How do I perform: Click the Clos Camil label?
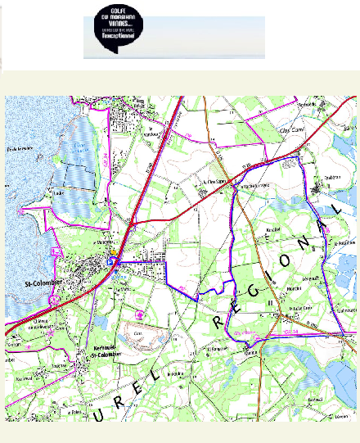coord(291,130)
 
